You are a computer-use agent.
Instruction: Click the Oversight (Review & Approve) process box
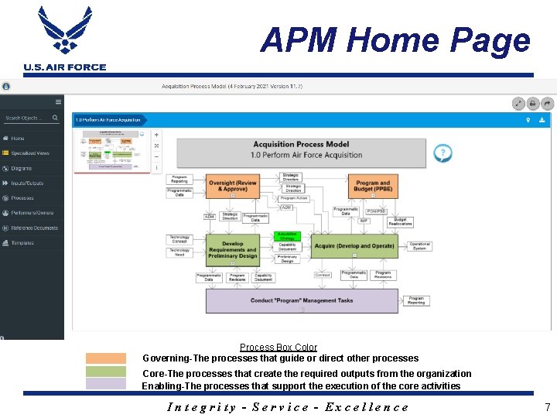click(233, 187)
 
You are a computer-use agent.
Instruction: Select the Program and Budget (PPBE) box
click(373, 187)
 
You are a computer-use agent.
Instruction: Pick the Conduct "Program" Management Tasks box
click(302, 300)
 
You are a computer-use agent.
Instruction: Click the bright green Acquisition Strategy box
click(287, 235)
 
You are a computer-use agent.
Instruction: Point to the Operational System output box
click(420, 246)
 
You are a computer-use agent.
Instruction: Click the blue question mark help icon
click(443, 152)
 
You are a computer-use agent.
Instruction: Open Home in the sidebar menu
click(17, 139)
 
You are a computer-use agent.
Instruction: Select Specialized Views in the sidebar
click(29, 153)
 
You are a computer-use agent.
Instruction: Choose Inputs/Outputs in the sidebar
click(27, 183)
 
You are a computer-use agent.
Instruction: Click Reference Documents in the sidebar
click(34, 228)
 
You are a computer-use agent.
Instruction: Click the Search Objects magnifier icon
click(55, 118)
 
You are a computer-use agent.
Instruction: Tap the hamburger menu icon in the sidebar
click(58, 101)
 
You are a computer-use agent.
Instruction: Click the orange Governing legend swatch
click(105, 358)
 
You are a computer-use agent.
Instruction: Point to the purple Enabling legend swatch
click(105, 383)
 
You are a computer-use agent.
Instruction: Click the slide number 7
click(547, 406)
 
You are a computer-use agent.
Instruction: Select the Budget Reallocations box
click(400, 221)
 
